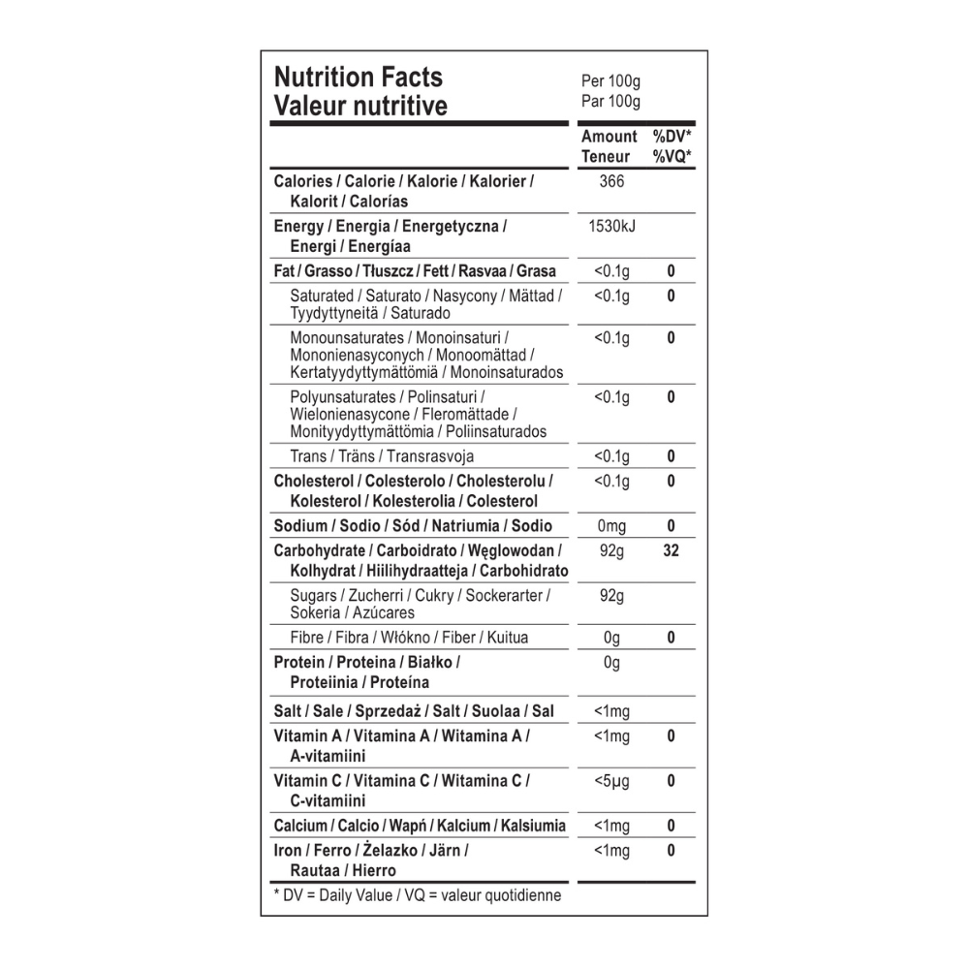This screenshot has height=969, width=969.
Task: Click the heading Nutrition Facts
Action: (359, 78)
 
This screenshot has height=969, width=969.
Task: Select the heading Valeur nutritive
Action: (360, 106)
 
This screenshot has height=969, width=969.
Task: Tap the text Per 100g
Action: (610, 82)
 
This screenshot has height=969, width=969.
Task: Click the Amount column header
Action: (609, 137)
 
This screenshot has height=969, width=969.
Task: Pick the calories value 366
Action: (612, 181)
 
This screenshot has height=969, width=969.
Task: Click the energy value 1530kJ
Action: (612, 226)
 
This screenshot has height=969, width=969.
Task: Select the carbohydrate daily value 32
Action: (671, 551)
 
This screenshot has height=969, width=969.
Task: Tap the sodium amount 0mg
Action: (612, 526)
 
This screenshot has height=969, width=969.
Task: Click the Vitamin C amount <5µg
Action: (612, 781)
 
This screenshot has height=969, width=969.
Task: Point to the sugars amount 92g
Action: (612, 595)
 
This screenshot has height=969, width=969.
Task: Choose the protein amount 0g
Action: (611, 663)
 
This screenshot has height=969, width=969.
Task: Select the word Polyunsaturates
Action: (343, 397)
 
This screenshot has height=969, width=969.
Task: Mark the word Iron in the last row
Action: (289, 851)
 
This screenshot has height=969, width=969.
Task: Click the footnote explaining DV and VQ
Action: (418, 895)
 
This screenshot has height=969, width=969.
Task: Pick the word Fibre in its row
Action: (308, 638)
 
